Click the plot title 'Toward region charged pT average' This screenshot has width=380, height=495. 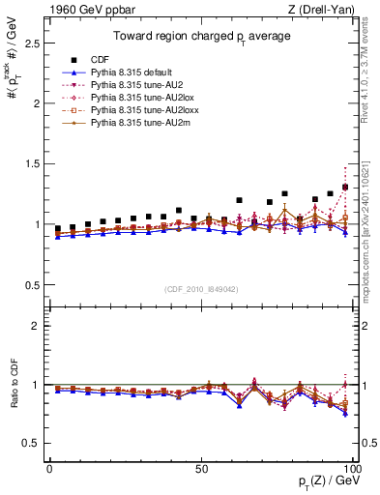[x=202, y=36]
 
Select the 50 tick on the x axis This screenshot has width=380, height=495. [x=201, y=468]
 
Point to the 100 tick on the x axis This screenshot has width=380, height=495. [x=352, y=468]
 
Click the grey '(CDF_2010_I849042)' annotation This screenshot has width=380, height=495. [x=202, y=288]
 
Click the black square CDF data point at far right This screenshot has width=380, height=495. [x=345, y=187]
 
